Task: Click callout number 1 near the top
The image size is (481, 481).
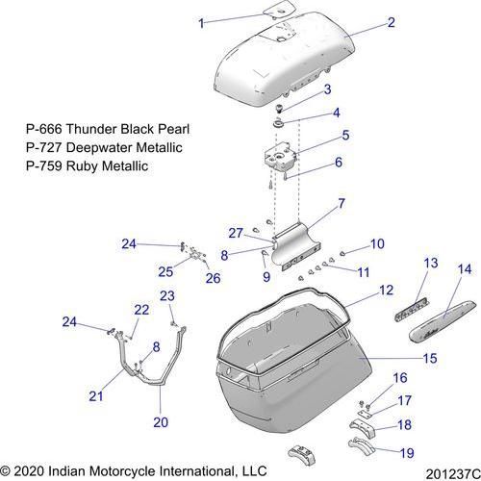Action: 201,23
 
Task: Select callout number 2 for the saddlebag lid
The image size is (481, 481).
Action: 391,22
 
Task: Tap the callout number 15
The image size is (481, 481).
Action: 430,358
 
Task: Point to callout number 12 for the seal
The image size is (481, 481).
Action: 386,290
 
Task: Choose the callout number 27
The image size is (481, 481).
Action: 236,233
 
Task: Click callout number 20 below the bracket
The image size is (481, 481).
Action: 161,422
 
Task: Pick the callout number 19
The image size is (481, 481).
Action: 407,453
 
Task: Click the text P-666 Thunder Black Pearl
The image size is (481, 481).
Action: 108,129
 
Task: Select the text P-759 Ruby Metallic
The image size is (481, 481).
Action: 88,166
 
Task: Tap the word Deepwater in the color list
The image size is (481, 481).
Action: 99,148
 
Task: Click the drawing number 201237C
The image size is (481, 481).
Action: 453,474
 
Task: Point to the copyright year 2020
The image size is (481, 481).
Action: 29,471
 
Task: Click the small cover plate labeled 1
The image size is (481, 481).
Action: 278,9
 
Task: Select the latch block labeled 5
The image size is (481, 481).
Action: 280,158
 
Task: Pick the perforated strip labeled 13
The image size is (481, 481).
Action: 412,309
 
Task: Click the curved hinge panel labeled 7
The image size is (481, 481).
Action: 296,246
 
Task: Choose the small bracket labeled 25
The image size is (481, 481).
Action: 195,252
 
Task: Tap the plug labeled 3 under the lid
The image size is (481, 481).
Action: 280,108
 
